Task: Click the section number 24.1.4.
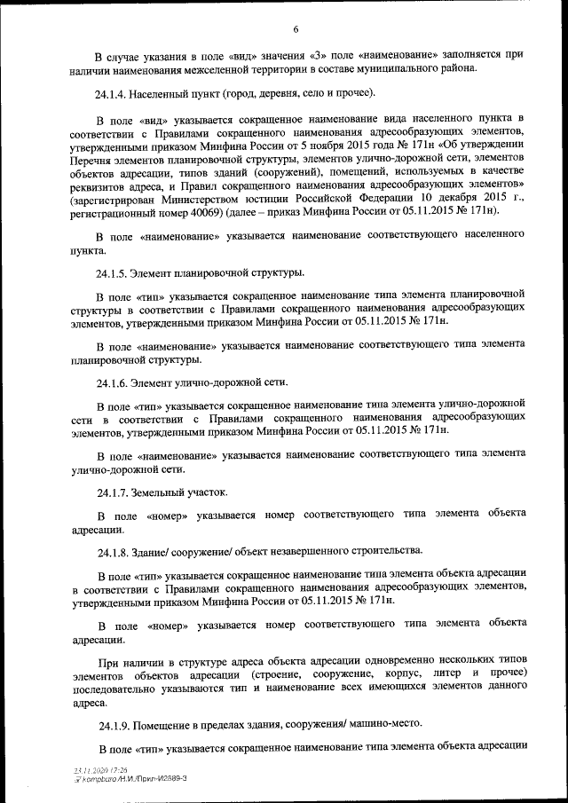coord(114,93)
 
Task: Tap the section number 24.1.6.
coord(114,382)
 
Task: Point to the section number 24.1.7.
coord(114,492)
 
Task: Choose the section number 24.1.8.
coord(114,552)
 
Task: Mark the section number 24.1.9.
coord(114,723)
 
